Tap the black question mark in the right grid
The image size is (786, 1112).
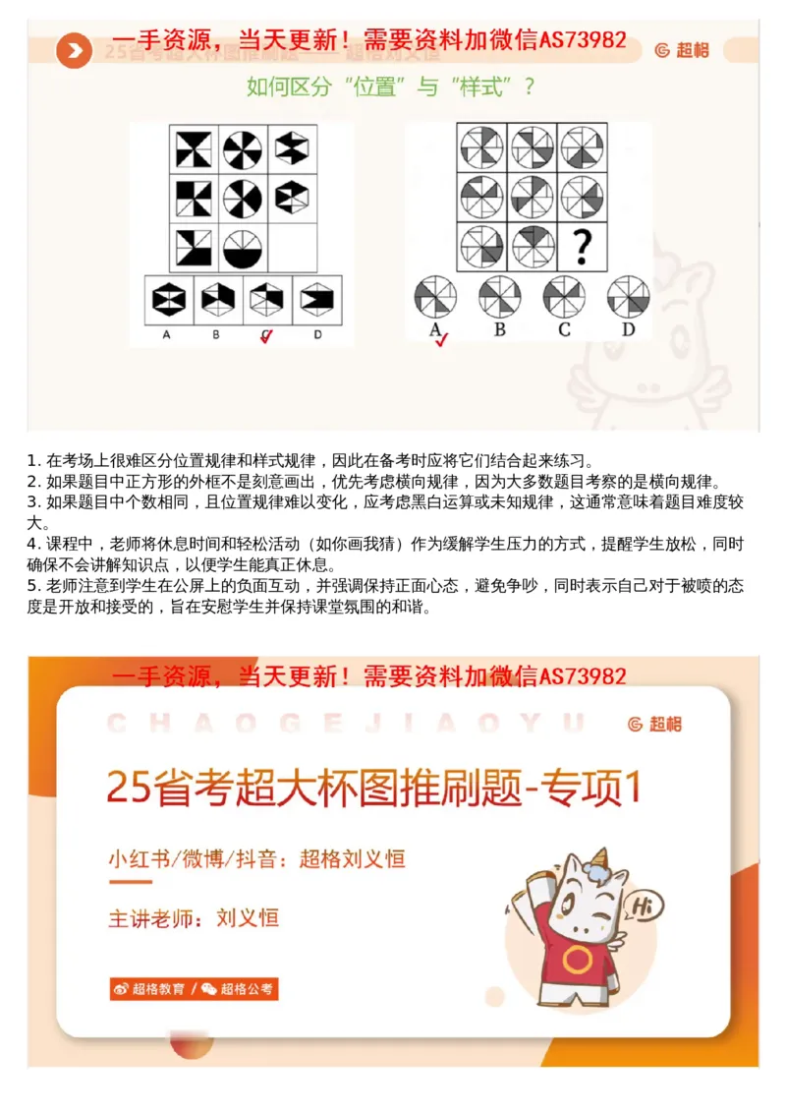tap(582, 246)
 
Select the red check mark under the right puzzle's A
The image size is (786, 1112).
tap(441, 340)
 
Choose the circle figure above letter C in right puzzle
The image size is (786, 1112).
tap(564, 296)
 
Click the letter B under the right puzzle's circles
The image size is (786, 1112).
tap(499, 330)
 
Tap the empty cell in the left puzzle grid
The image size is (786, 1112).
tap(292, 248)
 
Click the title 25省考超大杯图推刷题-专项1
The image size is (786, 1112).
tap(374, 788)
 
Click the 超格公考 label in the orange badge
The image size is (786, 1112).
tap(247, 989)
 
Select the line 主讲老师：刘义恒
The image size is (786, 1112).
tap(194, 918)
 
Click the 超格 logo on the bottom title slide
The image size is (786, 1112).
tap(656, 725)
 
